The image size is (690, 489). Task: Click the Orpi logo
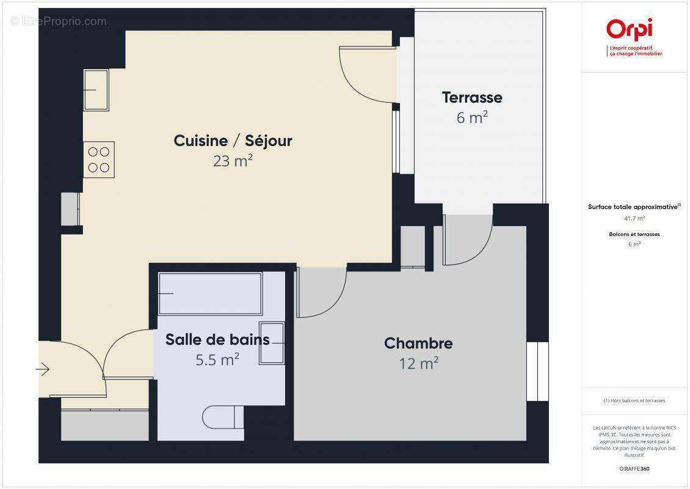click(629, 30)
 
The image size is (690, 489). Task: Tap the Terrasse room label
click(472, 97)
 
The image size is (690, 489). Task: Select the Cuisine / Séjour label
click(233, 141)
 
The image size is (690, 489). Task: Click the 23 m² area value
click(233, 161)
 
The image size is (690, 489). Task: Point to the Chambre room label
click(418, 343)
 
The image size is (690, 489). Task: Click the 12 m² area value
click(418, 364)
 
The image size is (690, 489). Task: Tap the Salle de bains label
click(217, 339)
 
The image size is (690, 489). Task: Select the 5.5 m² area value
click(217, 359)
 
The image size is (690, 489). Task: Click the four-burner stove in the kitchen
click(99, 160)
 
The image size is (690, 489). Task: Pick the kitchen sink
click(96, 90)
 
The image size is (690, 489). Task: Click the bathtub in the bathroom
click(210, 293)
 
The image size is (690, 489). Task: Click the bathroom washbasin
click(272, 343)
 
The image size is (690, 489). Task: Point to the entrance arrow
click(43, 369)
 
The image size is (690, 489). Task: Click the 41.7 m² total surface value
click(634, 218)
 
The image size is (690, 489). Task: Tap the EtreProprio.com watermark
click(59, 21)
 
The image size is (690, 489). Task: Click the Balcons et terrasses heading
click(634, 234)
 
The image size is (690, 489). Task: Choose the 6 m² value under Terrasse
click(472, 117)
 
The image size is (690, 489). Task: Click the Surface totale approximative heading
click(633, 207)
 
